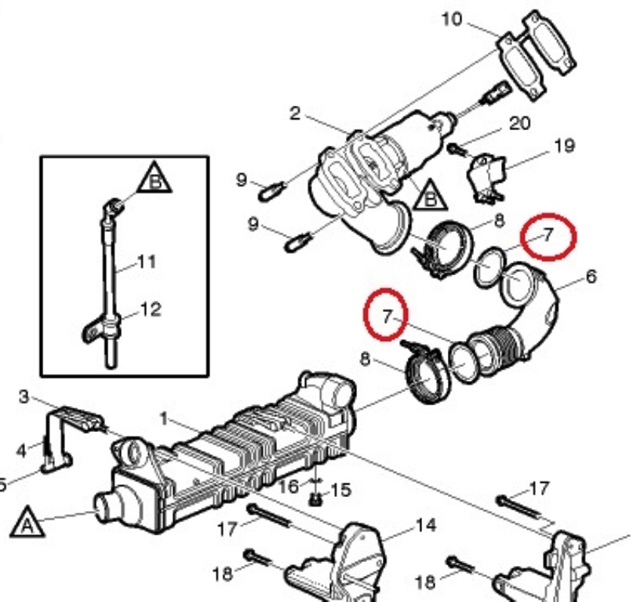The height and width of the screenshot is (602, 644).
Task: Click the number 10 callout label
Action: coord(452,20)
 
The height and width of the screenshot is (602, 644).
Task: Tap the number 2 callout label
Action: coord(294,114)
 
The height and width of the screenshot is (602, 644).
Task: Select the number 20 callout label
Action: coord(519,123)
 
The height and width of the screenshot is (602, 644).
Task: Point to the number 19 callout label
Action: coord(564,146)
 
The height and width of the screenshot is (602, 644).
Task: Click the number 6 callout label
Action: coord(591,277)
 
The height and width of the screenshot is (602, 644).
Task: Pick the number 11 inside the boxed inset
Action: coord(147,262)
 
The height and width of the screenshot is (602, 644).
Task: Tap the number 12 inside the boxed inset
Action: coord(151,309)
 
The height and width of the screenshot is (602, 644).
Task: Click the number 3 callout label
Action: coord(24,397)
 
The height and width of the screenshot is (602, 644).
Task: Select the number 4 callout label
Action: coord(21,451)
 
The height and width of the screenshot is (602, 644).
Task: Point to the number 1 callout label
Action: coord(164,419)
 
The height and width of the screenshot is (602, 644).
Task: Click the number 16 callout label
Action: coord(289,487)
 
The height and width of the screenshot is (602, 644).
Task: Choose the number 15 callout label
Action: coord(340,490)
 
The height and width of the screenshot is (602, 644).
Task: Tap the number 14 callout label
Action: coord(425,525)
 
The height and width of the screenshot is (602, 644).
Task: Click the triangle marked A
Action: coord(27,522)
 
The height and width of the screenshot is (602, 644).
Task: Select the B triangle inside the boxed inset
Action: coord(155,178)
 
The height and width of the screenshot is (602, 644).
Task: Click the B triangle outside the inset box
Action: coord(430,195)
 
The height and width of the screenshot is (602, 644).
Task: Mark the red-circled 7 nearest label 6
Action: coord(548,237)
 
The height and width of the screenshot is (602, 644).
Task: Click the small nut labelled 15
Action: coord(315,500)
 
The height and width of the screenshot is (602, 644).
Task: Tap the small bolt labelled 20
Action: coord(456,150)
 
